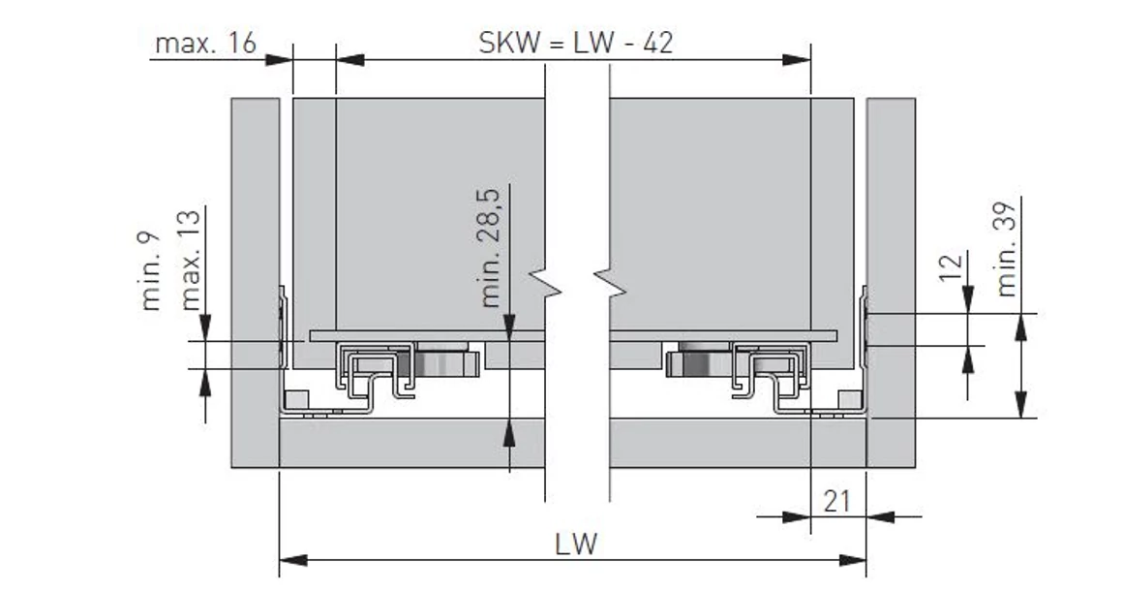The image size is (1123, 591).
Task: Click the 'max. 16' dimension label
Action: click(x=205, y=44)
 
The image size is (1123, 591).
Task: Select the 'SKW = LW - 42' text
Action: click(x=576, y=44)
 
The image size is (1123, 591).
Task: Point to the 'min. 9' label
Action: click(x=151, y=270)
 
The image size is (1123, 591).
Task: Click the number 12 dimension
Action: click(x=953, y=267)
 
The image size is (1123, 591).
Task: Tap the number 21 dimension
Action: click(x=837, y=501)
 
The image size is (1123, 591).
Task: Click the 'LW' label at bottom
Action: click(x=576, y=544)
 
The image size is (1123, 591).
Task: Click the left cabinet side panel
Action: click(x=255, y=281)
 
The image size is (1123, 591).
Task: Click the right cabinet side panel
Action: click(x=891, y=281)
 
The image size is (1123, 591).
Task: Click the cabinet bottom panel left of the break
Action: click(x=411, y=443)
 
